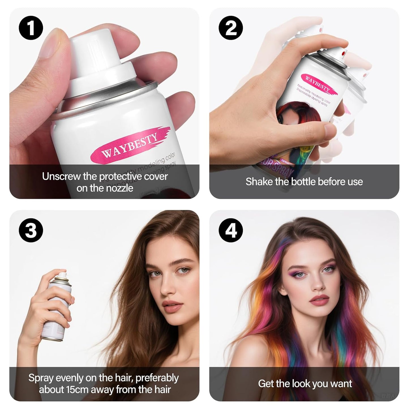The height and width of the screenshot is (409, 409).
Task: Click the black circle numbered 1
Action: pyautogui.click(x=31, y=28)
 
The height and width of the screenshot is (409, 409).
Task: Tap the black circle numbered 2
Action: pyautogui.click(x=231, y=28)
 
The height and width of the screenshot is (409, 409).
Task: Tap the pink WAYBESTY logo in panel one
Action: pyautogui.click(x=129, y=145)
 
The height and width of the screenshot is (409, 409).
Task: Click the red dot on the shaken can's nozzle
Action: pyautogui.click(x=344, y=53)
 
